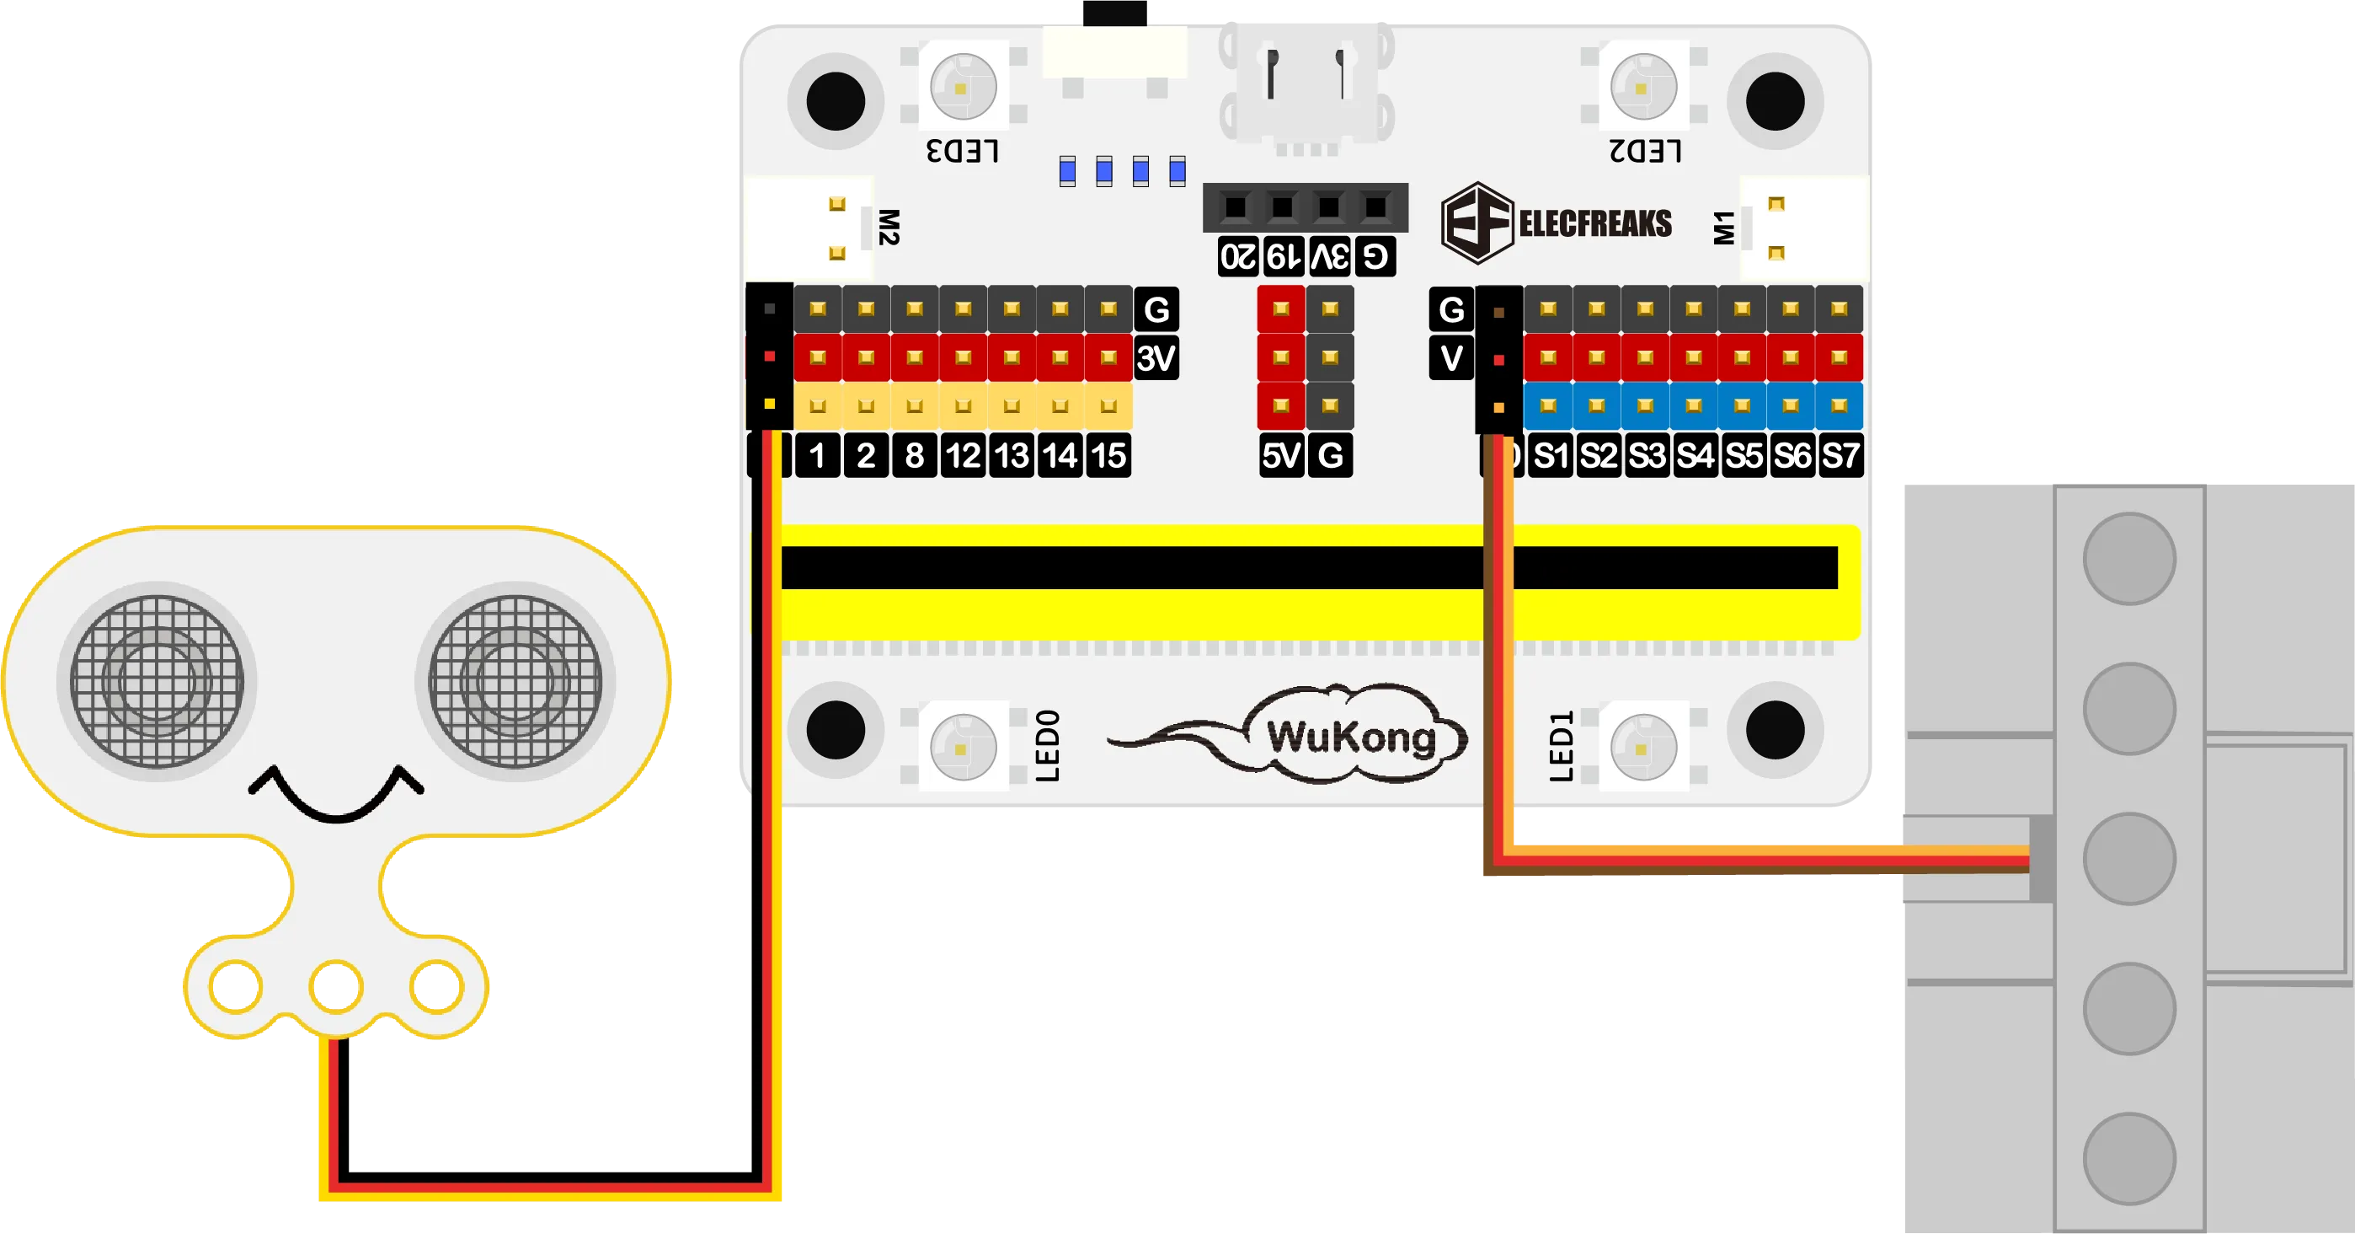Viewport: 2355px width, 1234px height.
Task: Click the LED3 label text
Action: (x=962, y=151)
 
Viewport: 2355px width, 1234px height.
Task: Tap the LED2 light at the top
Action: (x=1642, y=88)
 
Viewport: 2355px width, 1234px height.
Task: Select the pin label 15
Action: (x=1108, y=454)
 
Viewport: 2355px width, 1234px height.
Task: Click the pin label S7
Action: (x=1840, y=454)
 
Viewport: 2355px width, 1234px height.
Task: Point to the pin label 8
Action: (x=914, y=454)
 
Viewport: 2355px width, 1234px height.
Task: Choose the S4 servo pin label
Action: (x=1695, y=454)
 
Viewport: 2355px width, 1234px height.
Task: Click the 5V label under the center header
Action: (x=1281, y=454)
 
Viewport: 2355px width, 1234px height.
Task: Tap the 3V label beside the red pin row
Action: (x=1156, y=357)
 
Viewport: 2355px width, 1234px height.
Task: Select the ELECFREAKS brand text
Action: (x=1594, y=223)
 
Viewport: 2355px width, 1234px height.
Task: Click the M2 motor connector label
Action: (x=888, y=227)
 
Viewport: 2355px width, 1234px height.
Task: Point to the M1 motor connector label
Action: (x=1724, y=228)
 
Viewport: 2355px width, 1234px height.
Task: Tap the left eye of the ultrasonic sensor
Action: (x=158, y=682)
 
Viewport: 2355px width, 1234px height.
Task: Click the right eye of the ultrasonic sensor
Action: (x=515, y=682)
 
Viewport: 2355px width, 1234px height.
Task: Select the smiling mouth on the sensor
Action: (x=336, y=794)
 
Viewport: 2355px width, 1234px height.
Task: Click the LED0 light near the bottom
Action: (x=963, y=748)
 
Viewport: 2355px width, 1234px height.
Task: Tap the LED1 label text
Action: (x=1562, y=745)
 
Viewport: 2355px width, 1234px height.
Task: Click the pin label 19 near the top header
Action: (x=1284, y=256)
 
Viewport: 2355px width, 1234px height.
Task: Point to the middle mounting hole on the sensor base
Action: (x=336, y=986)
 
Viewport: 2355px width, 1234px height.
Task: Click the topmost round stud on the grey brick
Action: (x=2128, y=558)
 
